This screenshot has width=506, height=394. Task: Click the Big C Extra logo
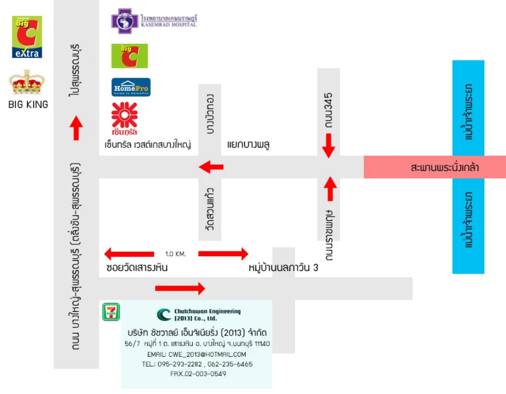(x=27, y=37)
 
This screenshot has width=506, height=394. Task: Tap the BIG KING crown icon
(x=27, y=83)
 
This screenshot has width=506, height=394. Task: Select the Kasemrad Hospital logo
(x=154, y=21)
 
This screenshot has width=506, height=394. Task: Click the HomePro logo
(x=131, y=88)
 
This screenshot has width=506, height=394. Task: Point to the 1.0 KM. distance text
(x=176, y=254)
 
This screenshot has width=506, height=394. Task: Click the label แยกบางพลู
(x=249, y=145)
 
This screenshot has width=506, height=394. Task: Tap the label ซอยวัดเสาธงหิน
(x=137, y=269)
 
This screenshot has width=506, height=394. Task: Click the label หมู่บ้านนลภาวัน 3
(x=283, y=269)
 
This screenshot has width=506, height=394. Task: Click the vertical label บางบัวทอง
(x=210, y=114)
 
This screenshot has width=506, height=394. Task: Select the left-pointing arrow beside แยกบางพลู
(x=211, y=167)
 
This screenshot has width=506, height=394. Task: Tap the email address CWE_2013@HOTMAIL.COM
(x=196, y=355)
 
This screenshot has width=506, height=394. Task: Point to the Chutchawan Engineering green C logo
(x=164, y=314)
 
